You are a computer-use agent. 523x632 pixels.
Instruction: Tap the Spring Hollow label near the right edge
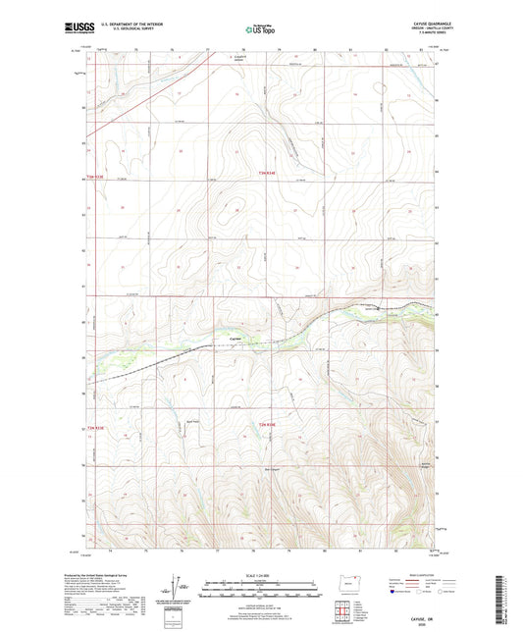point(424,465)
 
